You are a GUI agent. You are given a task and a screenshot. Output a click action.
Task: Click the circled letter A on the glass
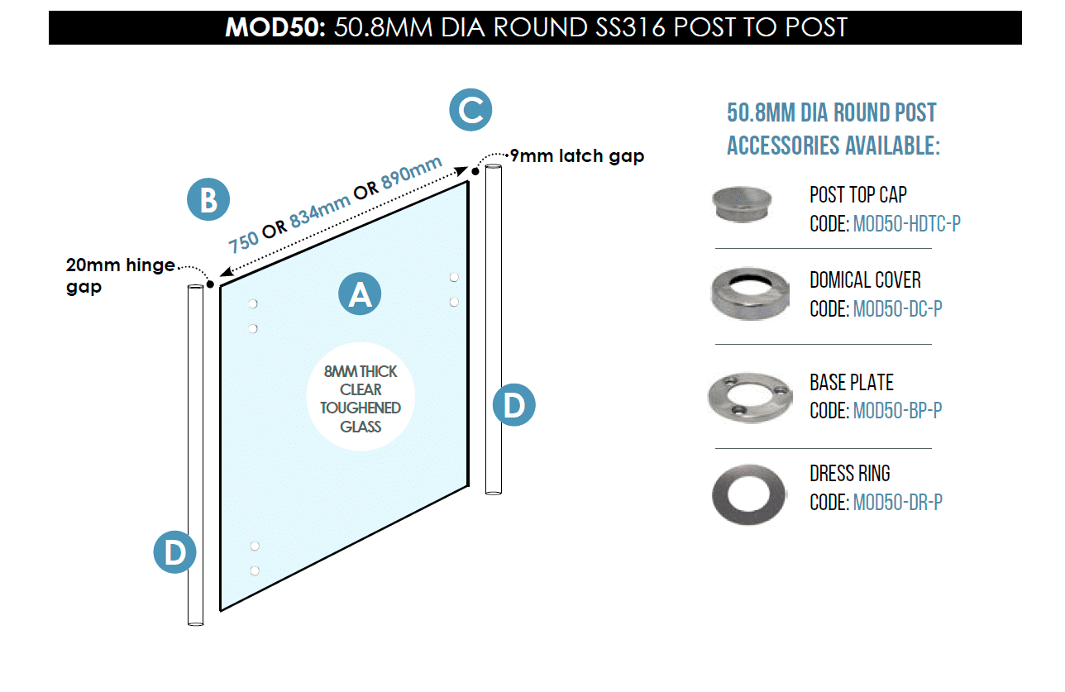360,294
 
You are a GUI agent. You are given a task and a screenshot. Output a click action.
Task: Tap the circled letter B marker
208,199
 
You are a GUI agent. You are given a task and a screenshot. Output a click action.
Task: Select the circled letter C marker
470,110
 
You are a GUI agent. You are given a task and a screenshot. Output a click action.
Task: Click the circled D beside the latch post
514,405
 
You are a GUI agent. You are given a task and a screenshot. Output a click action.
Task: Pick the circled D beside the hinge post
175,552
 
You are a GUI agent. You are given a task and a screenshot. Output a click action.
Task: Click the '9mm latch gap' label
576,156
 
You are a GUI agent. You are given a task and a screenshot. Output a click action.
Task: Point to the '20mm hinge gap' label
120,275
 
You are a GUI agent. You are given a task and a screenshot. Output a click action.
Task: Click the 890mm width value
412,173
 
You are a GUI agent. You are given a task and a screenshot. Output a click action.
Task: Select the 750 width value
243,241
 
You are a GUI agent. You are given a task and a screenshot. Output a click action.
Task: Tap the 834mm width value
320,211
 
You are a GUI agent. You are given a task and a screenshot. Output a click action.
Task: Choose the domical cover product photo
750,294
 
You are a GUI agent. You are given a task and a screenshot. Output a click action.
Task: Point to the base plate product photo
750,398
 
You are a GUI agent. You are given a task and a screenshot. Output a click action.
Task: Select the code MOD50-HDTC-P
907,223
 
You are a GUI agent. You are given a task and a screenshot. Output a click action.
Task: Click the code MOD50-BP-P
897,411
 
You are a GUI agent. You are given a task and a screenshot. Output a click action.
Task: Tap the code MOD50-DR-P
898,503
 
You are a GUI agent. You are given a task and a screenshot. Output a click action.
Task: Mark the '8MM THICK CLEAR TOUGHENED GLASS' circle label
361,396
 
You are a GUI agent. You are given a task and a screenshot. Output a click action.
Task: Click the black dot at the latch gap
475,171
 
